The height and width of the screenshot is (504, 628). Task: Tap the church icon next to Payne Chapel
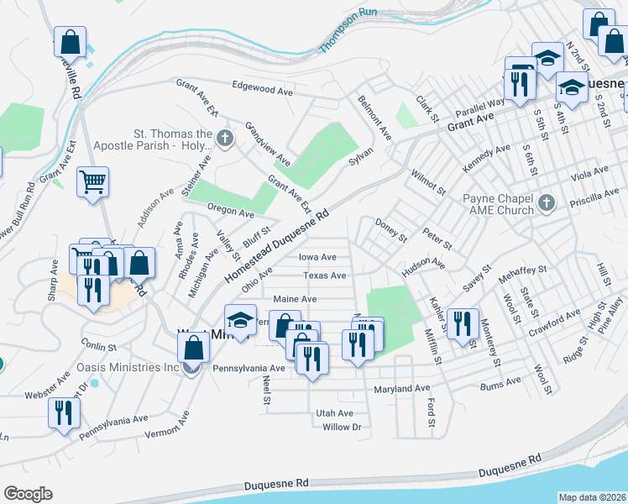[x=547, y=202]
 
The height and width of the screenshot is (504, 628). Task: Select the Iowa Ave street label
[x=318, y=257]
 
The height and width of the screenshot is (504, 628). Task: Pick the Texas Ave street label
[x=324, y=276]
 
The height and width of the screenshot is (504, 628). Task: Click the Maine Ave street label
[x=295, y=299]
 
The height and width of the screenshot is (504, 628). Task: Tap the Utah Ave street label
[x=334, y=413]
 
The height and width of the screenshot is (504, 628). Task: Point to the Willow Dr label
[x=341, y=427]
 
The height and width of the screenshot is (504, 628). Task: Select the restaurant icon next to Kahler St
[x=463, y=323]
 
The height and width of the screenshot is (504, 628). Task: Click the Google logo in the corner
[x=28, y=494]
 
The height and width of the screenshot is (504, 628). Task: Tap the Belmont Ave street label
[x=374, y=117]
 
